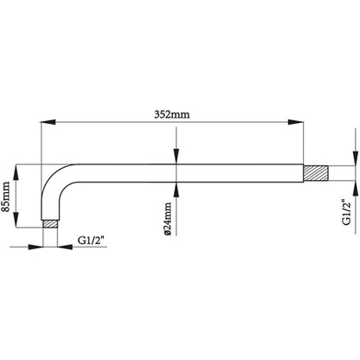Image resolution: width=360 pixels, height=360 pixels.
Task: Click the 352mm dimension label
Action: (172, 114)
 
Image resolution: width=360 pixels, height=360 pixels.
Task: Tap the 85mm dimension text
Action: (6, 196)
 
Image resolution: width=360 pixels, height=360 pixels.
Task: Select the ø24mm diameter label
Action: (167, 219)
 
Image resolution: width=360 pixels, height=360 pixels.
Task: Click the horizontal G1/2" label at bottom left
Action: (91, 241)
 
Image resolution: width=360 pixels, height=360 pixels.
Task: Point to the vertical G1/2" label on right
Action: (346, 212)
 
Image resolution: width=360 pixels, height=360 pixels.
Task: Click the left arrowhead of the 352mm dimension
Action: (48, 122)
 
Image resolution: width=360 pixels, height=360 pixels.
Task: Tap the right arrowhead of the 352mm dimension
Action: (296, 122)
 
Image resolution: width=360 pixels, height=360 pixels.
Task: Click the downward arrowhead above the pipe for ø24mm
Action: (177, 157)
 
